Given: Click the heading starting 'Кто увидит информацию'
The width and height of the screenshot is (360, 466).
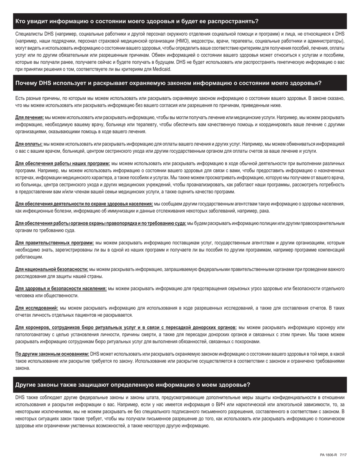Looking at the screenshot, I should click(137, 21).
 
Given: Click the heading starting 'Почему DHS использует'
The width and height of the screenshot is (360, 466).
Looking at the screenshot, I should click(168, 83).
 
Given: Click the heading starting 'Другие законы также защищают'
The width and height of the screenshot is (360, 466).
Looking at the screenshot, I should click(133, 385).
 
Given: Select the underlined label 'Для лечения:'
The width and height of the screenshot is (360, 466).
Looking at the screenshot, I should click(30, 117).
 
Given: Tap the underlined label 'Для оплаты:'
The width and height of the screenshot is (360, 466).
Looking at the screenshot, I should click(29, 144).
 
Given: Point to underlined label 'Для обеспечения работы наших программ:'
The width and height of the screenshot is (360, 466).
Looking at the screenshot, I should click(63, 163).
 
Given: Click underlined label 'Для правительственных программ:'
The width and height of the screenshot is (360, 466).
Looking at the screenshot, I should click(55, 242).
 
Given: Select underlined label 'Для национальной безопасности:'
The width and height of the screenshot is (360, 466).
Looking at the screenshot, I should click(52, 269).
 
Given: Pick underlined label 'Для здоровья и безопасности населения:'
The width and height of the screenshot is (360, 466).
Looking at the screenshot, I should click(61, 289).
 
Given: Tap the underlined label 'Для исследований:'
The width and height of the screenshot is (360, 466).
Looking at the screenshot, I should click(37, 308).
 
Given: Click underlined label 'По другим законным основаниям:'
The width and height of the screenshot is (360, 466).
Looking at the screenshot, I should click(52, 354).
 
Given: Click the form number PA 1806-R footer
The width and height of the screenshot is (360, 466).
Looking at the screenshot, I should click(328, 455).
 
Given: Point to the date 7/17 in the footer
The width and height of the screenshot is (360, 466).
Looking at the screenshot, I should click(343, 455).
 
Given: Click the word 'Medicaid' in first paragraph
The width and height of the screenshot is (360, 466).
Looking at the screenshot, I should click(162, 69).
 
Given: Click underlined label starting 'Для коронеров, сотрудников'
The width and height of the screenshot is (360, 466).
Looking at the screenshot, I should click(126, 327).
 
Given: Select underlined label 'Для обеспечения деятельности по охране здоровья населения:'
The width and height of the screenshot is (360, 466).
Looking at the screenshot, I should click(84, 204).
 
